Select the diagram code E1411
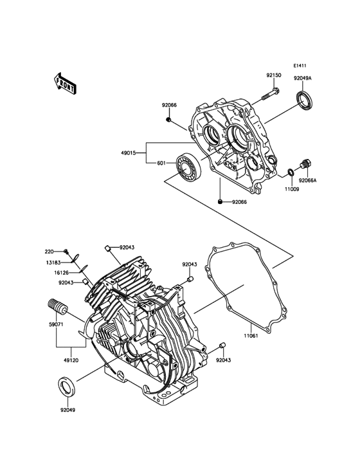pyautogui.click(x=300, y=66)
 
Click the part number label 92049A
pyautogui.click(x=303, y=78)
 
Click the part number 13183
pyautogui.click(x=53, y=263)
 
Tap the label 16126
pyautogui.click(x=62, y=272)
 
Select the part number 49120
pyautogui.click(x=71, y=352)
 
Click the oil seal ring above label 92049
pyautogui.click(x=67, y=387)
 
